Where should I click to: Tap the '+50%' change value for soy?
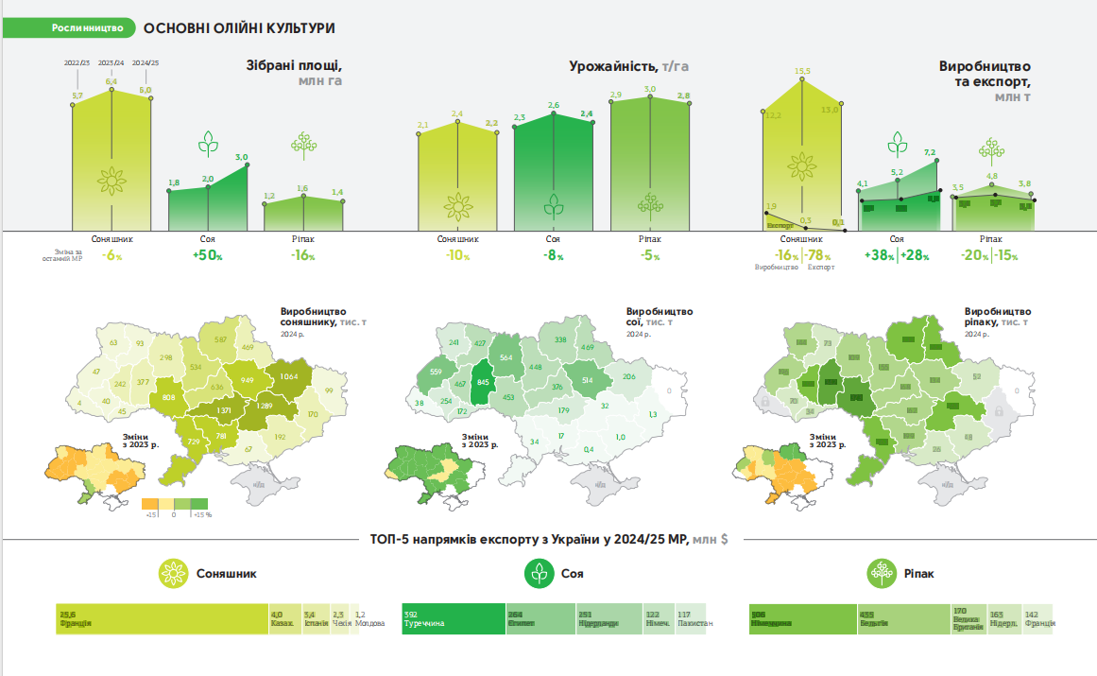(207, 256)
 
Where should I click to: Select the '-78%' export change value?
(818, 255)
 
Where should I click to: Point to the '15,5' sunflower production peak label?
(803, 71)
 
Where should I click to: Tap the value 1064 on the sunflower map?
(288, 376)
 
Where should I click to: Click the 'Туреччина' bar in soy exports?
(453, 618)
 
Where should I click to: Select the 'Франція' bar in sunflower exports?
(161, 618)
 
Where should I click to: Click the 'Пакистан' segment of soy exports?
(694, 618)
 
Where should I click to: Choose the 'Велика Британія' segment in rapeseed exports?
(968, 618)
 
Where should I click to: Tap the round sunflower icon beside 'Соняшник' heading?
(174, 573)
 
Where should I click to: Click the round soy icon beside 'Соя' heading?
(540, 573)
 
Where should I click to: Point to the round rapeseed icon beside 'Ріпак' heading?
(881, 573)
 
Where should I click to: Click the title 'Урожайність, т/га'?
(628, 66)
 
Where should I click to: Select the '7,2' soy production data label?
(929, 152)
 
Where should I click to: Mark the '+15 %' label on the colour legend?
(201, 514)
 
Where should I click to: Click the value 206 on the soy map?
(629, 376)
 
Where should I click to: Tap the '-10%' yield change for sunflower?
(458, 256)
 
